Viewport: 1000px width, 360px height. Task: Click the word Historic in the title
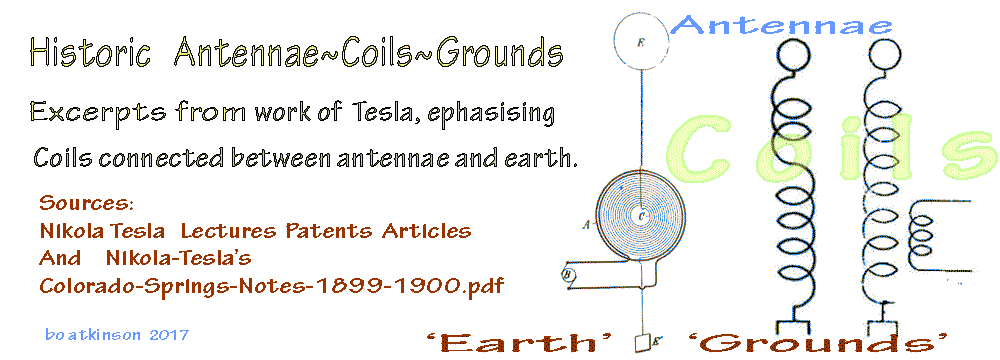tap(91, 52)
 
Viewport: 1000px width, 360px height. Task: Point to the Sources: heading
tap(86, 204)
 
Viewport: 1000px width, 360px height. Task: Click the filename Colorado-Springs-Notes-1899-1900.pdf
tap(272, 286)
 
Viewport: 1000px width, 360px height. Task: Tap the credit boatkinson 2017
tap(117, 334)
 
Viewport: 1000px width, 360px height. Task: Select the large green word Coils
tap(832, 151)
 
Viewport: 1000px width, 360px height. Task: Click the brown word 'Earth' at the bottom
tap(519, 343)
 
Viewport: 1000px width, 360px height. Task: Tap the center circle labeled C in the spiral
tap(642, 216)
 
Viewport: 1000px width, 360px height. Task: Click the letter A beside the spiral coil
tap(586, 223)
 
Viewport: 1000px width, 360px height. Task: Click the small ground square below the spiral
tap(642, 343)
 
